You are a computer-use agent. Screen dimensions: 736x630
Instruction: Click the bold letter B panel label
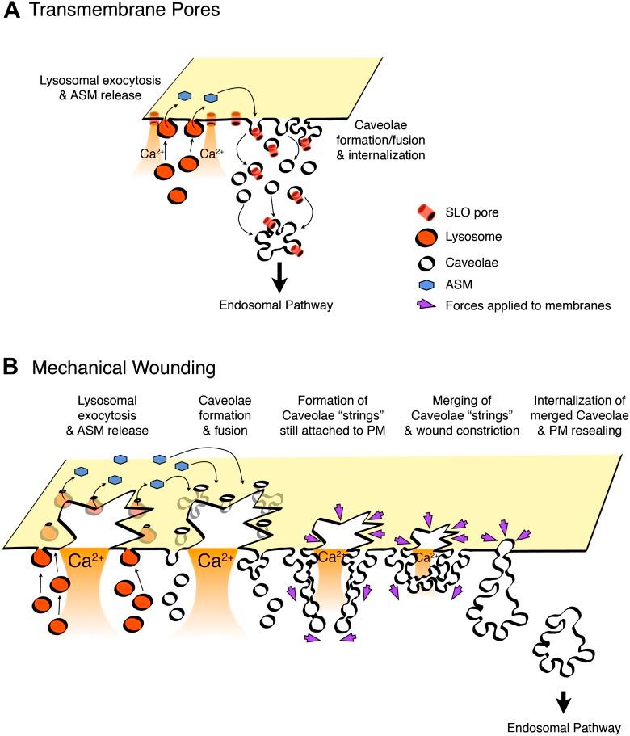(x=11, y=368)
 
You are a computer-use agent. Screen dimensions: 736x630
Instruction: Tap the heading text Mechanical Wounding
(x=118, y=368)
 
